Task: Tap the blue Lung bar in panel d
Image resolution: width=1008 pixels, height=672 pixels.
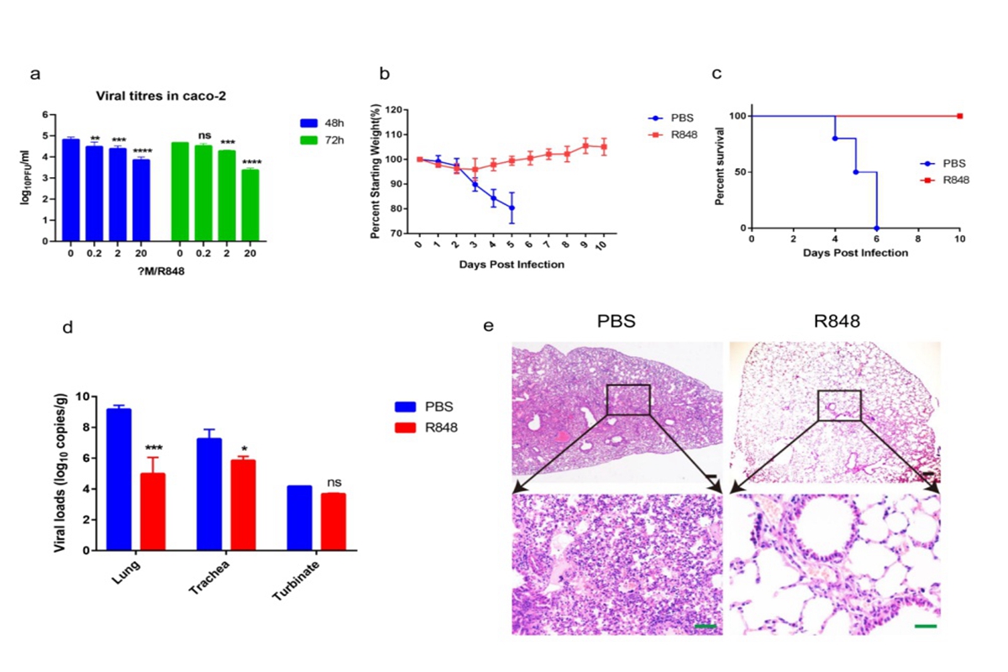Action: coord(118,480)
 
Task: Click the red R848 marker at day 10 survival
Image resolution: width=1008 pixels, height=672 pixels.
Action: coord(959,116)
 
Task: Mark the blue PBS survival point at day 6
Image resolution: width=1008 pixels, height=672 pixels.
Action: coord(877,228)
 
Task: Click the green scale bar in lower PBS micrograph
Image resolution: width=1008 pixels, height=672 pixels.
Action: coord(706,626)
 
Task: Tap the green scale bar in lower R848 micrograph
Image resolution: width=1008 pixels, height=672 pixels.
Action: coord(925,626)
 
